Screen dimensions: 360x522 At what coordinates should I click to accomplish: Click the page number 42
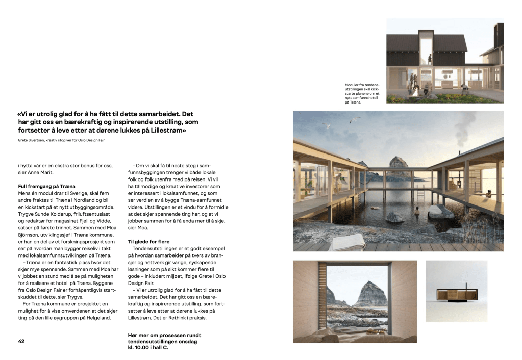pyautogui.click(x=21, y=341)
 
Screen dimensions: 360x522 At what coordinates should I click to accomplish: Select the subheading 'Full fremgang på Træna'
pyautogui.click(x=46, y=187)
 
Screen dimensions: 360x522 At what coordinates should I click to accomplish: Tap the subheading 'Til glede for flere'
pyautogui.click(x=148, y=241)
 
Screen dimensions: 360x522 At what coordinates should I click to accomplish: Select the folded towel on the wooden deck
pyautogui.click(x=346, y=241)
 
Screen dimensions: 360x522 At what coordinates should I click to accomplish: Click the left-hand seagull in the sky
pyautogui.click(x=327, y=125)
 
